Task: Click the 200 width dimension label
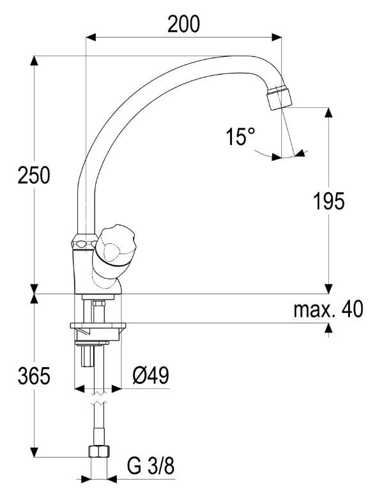[183, 24]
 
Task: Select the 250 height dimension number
[34, 175]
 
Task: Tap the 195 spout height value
[329, 201]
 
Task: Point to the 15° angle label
[241, 137]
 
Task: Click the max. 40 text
[328, 308]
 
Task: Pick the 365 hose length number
[34, 375]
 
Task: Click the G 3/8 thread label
[151, 466]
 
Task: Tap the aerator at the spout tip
[279, 97]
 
